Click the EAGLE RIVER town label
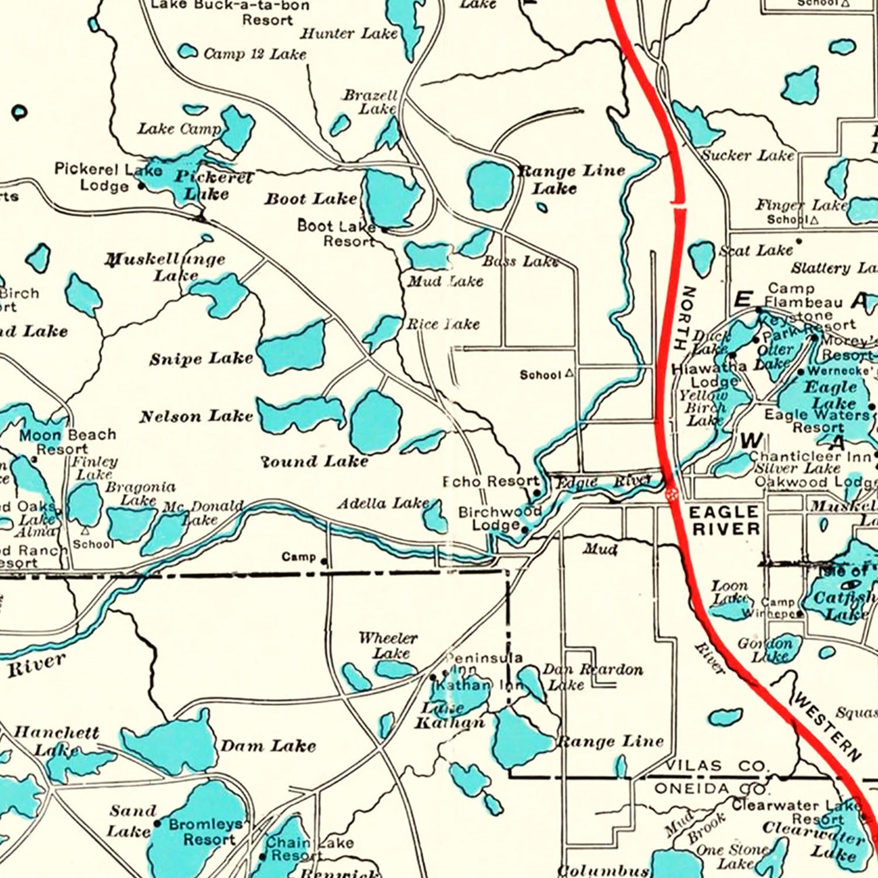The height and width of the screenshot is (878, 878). (x=724, y=520)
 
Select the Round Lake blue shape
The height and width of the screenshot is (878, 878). (x=376, y=421)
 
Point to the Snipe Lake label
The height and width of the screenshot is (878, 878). (x=201, y=358)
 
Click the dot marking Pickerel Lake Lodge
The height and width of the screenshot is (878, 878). (x=141, y=186)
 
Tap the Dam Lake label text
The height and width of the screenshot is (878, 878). (x=268, y=746)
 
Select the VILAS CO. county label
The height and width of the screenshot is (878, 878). (x=716, y=766)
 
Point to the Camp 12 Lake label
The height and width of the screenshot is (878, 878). (x=255, y=54)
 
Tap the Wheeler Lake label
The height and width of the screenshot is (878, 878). (x=388, y=645)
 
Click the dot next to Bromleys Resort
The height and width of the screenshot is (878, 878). (x=157, y=823)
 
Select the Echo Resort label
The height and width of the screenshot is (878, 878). (x=491, y=482)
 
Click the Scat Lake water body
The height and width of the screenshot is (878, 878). (x=701, y=258)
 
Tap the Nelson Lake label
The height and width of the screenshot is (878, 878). (x=196, y=416)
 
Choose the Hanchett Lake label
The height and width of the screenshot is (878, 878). (x=56, y=740)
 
